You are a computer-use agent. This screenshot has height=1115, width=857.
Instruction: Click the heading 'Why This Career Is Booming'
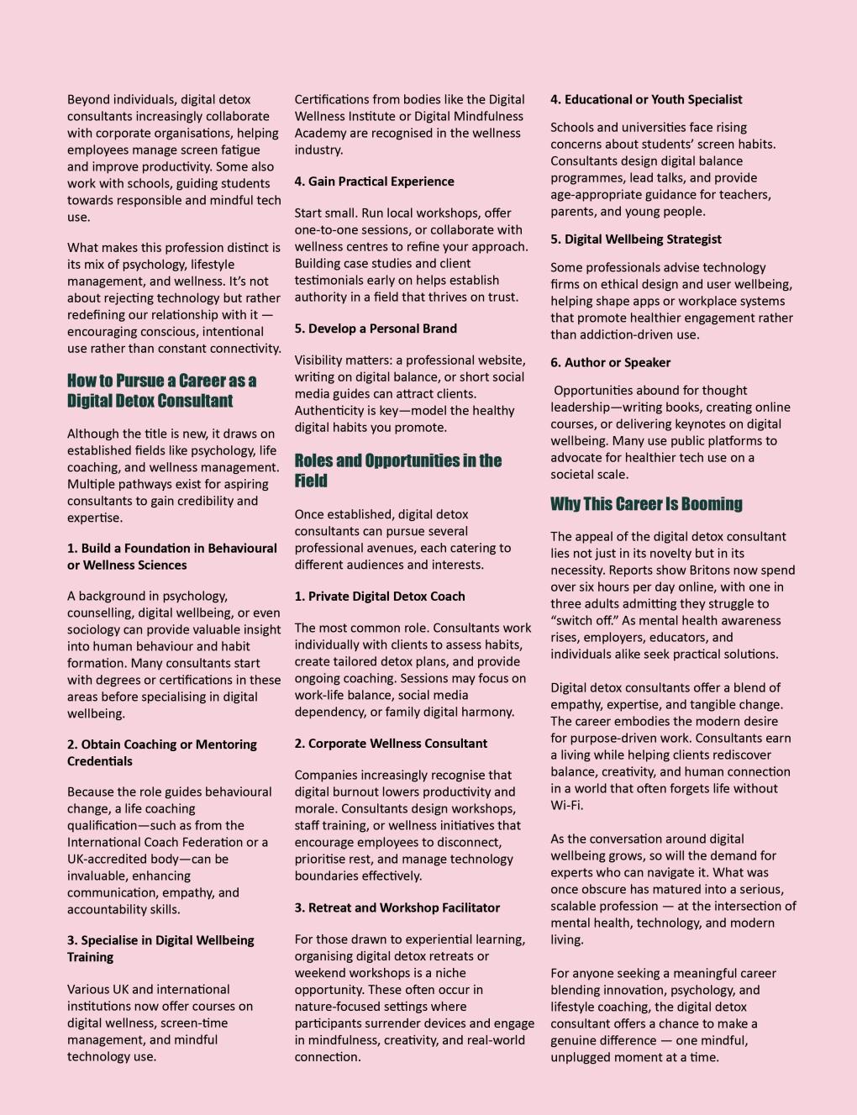646,504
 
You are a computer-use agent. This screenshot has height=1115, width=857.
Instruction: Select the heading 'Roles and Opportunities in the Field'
397,471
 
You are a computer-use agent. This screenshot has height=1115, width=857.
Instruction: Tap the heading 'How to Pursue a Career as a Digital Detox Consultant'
161,391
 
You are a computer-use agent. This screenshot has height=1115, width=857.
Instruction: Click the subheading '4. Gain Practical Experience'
374,181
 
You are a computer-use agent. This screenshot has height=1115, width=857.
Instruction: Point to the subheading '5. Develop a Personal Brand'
376,329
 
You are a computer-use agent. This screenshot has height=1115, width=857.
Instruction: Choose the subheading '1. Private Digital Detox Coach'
379,597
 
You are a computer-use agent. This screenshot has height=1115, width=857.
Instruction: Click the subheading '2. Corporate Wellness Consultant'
391,744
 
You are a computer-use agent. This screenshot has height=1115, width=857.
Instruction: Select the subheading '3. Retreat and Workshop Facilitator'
397,907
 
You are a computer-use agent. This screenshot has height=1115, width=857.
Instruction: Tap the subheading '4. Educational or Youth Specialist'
646,99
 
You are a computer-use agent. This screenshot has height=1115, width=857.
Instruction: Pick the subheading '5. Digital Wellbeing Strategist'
635,239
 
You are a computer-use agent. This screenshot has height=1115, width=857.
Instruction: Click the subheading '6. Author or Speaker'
610,363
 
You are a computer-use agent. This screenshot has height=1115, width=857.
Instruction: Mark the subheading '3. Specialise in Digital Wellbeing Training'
160,949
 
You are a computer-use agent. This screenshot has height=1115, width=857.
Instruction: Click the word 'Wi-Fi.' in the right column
567,805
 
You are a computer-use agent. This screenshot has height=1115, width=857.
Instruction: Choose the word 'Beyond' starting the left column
88,99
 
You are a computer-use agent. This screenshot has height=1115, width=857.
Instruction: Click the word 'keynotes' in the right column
724,423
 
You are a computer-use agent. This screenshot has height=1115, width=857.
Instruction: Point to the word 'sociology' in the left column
94,629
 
